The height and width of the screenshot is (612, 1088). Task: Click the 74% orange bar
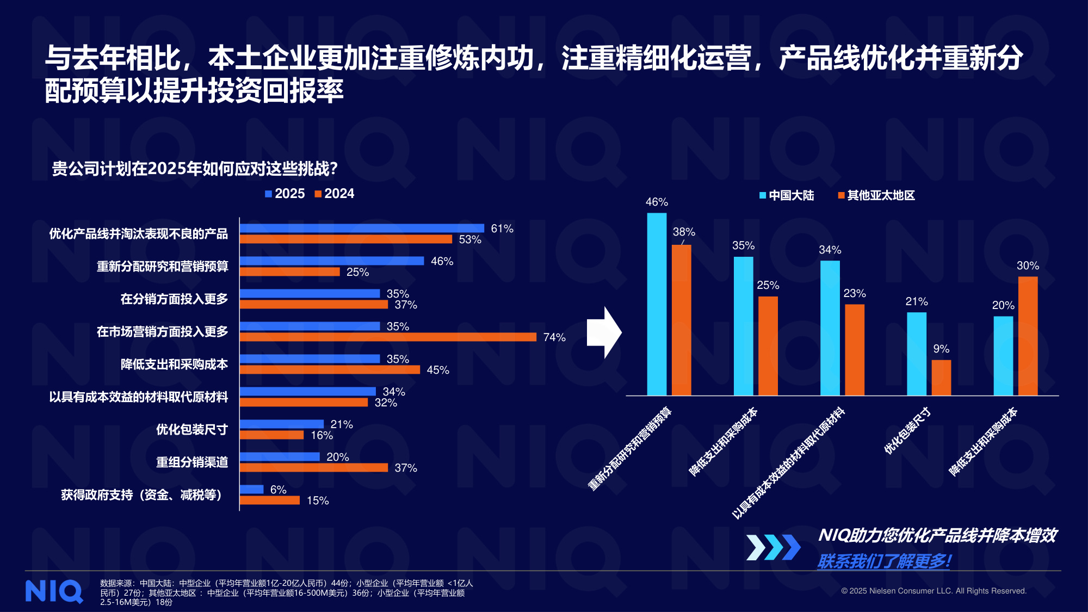(x=388, y=337)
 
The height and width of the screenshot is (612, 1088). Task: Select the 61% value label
(x=502, y=228)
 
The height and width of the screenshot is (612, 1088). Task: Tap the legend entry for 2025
(x=285, y=194)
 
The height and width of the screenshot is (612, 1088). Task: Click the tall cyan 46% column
(x=657, y=305)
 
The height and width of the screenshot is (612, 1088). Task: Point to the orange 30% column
(x=1028, y=336)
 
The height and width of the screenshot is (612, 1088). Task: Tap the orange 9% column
(x=941, y=378)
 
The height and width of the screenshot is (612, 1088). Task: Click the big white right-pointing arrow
(x=604, y=332)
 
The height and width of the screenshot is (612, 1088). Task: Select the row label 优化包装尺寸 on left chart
(x=191, y=430)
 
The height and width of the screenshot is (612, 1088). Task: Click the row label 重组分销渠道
(x=191, y=462)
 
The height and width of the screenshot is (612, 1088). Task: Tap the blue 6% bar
(x=251, y=490)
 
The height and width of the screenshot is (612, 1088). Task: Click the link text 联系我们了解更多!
(x=884, y=561)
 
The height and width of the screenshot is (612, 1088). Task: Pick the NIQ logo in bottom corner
(x=54, y=591)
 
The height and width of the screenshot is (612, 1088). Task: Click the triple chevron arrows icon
(x=773, y=547)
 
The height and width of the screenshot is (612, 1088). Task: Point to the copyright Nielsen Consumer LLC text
(x=934, y=591)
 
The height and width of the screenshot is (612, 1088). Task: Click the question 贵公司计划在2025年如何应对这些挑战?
(x=195, y=169)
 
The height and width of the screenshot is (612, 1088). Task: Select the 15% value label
(x=318, y=500)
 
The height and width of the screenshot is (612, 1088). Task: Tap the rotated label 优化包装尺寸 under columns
(x=907, y=431)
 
